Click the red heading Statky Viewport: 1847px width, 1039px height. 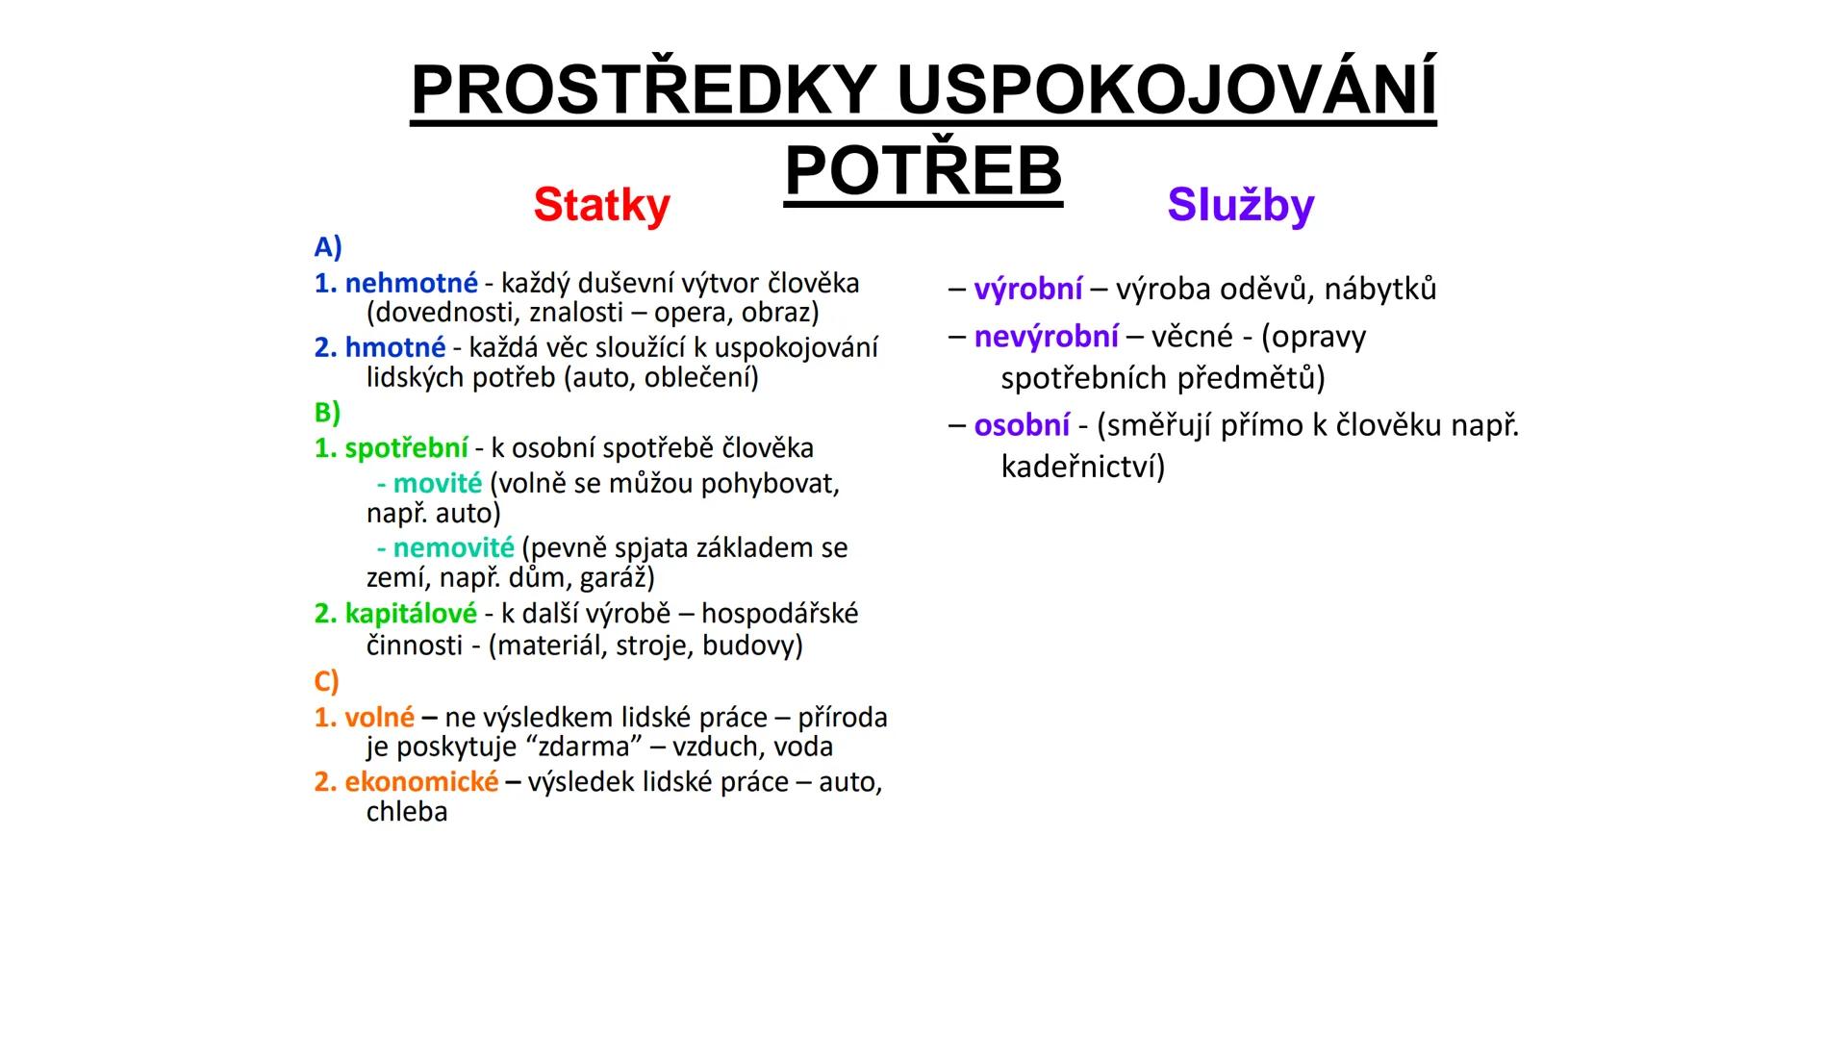coord(601,205)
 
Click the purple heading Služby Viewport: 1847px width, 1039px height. coord(1240,205)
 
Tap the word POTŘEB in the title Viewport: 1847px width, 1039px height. coord(923,171)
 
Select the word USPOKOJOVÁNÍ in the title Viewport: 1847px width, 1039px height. coord(1166,90)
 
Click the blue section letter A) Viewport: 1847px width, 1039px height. coord(328,247)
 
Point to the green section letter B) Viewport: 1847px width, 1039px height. coord(327,413)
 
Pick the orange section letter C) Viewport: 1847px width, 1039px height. coord(326,681)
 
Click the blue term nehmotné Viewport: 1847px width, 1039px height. coord(411,283)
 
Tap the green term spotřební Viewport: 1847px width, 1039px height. coord(406,448)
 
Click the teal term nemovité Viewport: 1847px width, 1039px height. coord(453,547)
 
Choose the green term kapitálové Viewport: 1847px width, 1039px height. coord(411,613)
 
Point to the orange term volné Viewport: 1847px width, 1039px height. coord(379,717)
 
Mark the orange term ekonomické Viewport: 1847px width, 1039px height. coord(421,781)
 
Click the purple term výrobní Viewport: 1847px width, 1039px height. coord(1027,289)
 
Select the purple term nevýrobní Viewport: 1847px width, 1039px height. coord(1046,336)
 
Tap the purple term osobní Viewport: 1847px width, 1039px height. coord(1022,425)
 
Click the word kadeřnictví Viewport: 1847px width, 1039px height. coord(1082,467)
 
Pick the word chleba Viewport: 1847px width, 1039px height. coord(407,812)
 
